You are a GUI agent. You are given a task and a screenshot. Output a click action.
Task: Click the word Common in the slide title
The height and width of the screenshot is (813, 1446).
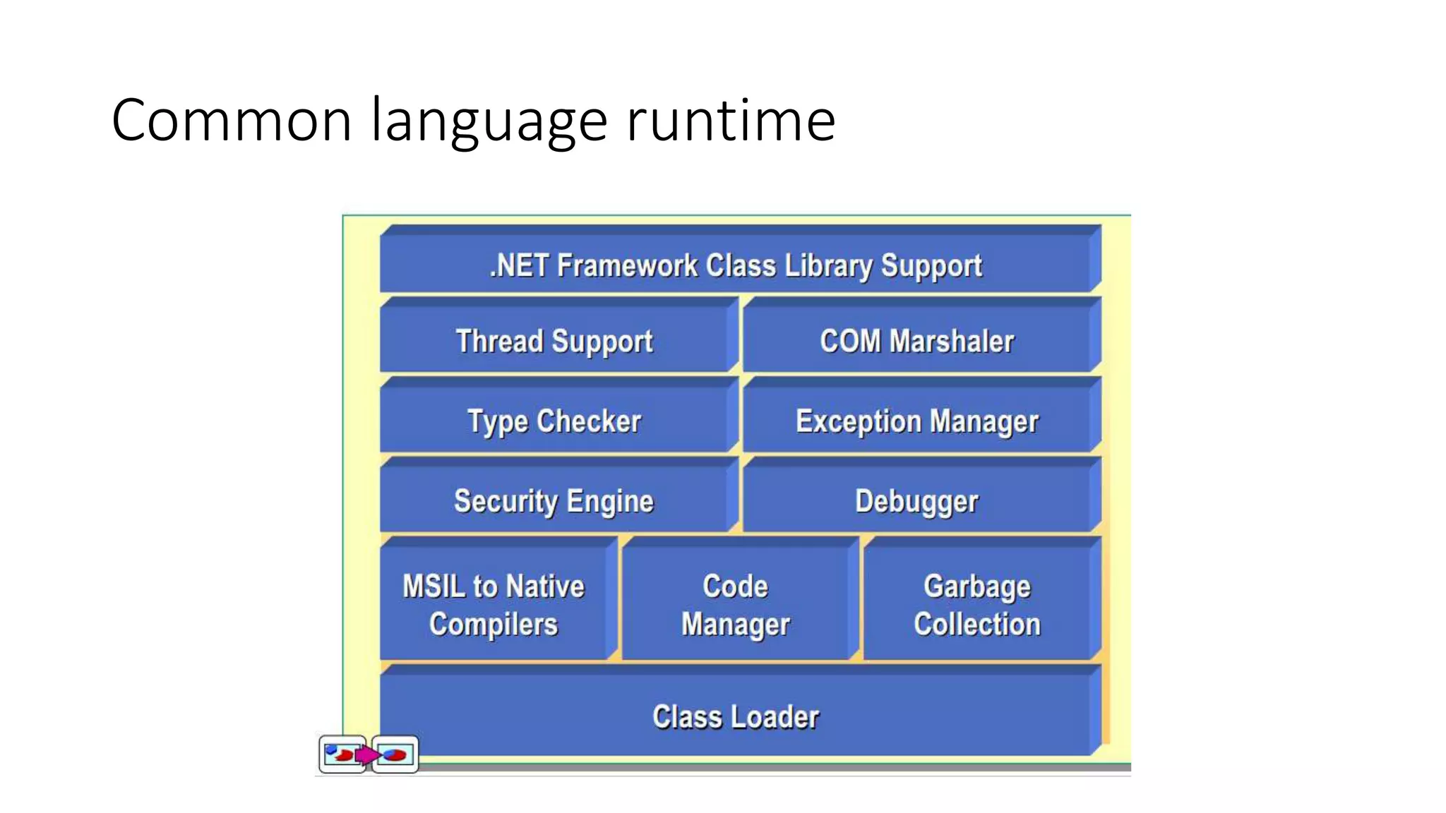pyautogui.click(x=232, y=121)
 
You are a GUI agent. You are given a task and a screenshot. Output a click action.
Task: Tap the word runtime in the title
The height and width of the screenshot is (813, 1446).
pyautogui.click(x=731, y=121)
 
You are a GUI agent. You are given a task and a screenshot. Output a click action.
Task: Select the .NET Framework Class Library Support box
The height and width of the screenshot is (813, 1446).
pyautogui.click(x=736, y=266)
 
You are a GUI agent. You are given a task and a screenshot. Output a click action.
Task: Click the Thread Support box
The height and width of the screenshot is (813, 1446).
pyautogui.click(x=554, y=342)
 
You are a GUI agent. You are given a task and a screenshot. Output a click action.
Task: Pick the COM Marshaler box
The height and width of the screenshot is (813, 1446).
pyautogui.click(x=916, y=342)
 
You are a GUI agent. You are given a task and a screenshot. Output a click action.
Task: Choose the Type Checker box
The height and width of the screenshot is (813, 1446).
pyautogui.click(x=554, y=421)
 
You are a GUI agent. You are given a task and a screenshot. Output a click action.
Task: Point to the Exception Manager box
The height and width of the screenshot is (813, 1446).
pyautogui.click(x=916, y=421)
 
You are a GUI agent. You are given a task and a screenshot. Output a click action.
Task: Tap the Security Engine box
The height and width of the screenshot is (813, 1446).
pyautogui.click(x=554, y=501)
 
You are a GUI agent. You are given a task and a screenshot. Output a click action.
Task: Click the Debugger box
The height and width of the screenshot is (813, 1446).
pyautogui.click(x=916, y=501)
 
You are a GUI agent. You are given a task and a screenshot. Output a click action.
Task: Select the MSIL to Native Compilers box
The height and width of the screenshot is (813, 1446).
pyautogui.click(x=494, y=605)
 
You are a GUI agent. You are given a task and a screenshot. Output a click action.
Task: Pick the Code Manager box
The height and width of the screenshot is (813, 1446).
pyautogui.click(x=735, y=605)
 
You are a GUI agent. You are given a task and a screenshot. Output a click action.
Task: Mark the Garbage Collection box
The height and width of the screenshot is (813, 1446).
pyautogui.click(x=977, y=605)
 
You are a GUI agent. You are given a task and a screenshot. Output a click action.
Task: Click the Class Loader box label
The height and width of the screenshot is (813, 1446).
pyautogui.click(x=736, y=717)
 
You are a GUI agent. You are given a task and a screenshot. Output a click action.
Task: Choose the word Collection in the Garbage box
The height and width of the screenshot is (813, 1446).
pyautogui.click(x=977, y=625)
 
